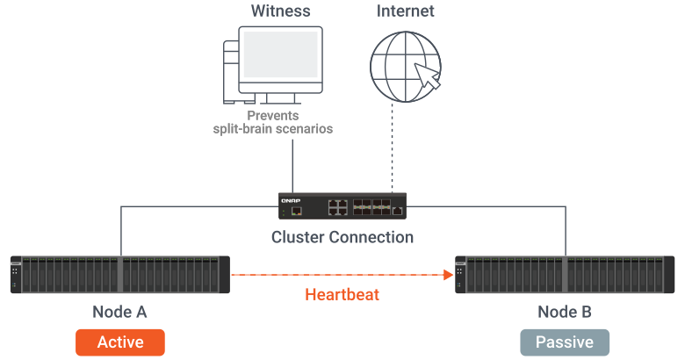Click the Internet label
click(x=406, y=11)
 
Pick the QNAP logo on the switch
click(x=291, y=200)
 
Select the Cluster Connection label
click(x=342, y=237)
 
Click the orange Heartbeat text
click(x=342, y=295)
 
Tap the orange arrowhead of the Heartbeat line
click(x=450, y=275)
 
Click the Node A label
click(x=119, y=312)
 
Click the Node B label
click(x=565, y=312)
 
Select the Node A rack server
click(x=119, y=274)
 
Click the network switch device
click(x=342, y=207)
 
